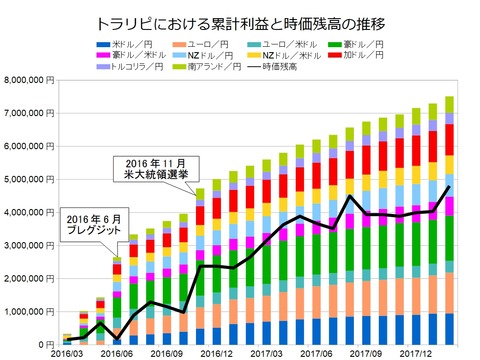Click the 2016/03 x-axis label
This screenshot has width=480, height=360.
[x=67, y=353]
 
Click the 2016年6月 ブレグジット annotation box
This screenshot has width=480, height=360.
[x=99, y=223]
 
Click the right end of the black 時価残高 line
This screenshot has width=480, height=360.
[x=449, y=186]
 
